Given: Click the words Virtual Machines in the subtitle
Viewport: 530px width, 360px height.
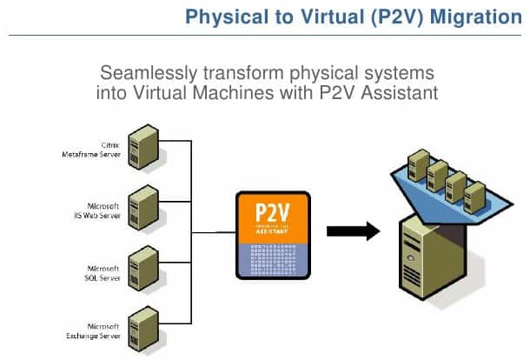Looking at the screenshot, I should (x=204, y=91).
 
